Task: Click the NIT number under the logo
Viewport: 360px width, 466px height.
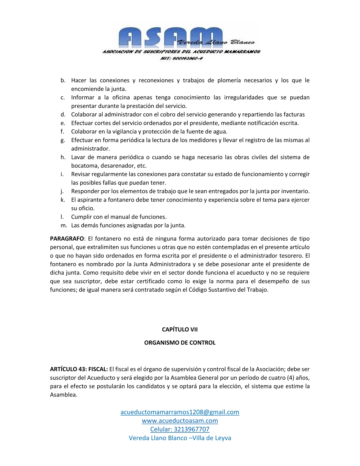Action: tap(181, 58)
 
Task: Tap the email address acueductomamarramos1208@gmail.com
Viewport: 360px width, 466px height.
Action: tap(180, 412)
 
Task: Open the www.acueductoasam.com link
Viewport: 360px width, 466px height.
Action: tap(180, 420)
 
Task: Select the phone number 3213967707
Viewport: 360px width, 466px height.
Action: tap(191, 429)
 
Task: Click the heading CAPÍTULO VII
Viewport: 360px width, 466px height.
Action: tap(180, 329)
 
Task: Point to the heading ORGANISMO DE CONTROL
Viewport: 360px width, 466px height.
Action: tap(180, 342)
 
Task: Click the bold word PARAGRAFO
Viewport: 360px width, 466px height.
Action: tap(67, 238)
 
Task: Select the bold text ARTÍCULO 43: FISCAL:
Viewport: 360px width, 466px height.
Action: tap(79, 369)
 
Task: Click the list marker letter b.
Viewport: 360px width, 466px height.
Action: tap(63, 80)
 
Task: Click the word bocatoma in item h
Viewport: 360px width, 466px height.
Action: tap(84, 166)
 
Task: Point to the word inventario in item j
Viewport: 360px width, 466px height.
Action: tap(295, 191)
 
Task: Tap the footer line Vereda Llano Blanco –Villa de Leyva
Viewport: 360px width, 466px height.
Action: tap(180, 438)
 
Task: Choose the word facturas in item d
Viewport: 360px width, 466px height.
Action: tap(294, 114)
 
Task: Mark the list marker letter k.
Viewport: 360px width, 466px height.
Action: tap(63, 200)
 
